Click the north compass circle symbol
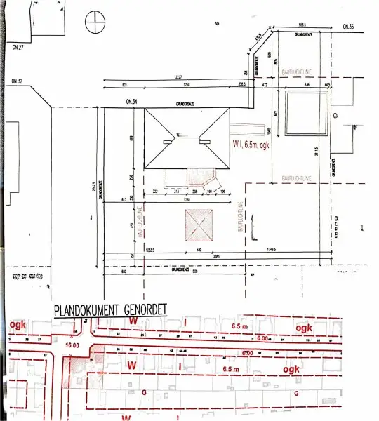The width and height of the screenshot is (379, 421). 94,22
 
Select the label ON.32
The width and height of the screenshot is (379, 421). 18,81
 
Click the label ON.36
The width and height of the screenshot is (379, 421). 349,27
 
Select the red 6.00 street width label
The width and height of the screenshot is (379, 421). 247,352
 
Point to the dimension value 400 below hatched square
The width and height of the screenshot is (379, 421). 199,250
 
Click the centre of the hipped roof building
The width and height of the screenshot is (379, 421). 187,139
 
